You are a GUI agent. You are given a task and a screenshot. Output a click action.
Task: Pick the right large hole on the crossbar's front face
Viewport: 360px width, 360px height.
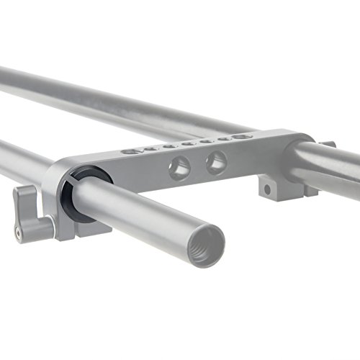[215, 163]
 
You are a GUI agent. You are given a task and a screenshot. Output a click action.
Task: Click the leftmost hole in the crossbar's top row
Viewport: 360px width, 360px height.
[129, 152]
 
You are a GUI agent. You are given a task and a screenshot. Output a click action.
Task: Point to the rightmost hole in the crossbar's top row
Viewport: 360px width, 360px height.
[244, 135]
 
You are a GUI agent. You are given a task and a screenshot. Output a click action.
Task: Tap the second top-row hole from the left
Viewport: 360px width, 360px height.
[149, 149]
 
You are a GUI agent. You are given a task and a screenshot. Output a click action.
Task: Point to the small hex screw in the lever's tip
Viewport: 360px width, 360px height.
[16, 233]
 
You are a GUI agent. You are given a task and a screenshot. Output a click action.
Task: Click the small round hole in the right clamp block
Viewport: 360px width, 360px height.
[267, 190]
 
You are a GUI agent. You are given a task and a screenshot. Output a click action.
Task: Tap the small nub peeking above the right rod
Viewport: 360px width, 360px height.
[328, 145]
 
